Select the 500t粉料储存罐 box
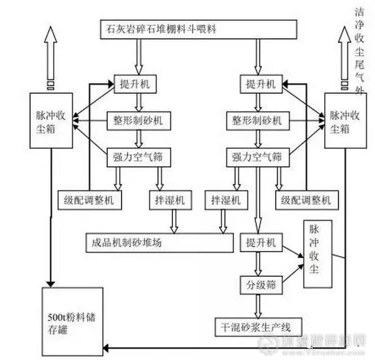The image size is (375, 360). [72, 319]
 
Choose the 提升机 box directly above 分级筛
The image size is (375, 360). [260, 243]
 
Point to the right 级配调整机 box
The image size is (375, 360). [304, 200]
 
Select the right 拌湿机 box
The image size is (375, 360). [225, 200]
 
